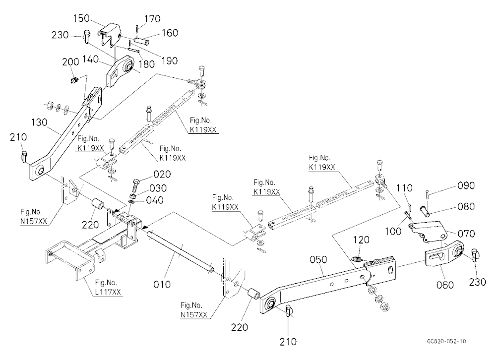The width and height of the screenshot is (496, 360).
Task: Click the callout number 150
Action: (81, 18)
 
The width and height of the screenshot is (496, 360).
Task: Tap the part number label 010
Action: (162, 285)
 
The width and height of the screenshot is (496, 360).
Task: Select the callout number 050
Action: (318, 260)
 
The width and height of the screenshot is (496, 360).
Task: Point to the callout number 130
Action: (39, 122)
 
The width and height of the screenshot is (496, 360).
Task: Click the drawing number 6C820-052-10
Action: (446, 341)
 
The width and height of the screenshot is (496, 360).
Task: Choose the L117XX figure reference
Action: (108, 292)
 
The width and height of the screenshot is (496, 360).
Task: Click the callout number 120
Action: (361, 240)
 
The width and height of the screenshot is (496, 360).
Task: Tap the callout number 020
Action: (162, 175)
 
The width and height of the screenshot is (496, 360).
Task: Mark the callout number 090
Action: (466, 185)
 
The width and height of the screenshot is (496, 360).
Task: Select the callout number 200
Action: (70, 61)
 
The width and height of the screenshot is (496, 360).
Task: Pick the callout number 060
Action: (445, 285)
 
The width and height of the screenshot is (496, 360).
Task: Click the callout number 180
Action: (147, 64)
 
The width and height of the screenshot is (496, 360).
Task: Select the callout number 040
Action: (155, 200)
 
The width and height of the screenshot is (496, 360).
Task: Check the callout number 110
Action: (404, 188)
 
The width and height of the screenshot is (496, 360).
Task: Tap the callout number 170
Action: (153, 19)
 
